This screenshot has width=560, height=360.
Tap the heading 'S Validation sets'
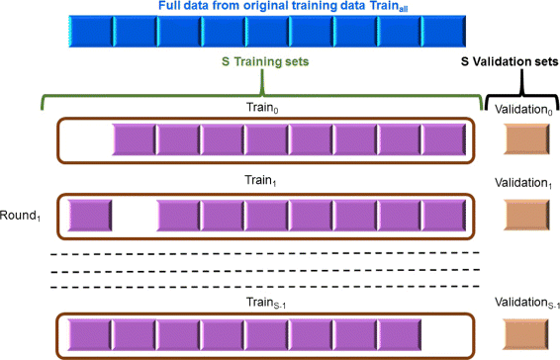[x=509, y=61]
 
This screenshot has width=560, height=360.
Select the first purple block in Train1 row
[x=89, y=215]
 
